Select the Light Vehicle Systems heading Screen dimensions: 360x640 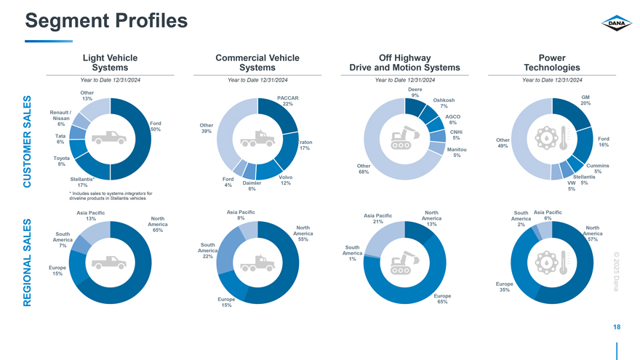pos(111,63)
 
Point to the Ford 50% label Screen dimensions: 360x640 pos(155,126)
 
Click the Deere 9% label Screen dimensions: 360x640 pos(415,92)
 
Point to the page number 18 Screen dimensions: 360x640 pos(617,328)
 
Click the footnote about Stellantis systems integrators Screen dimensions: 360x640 pos(110,196)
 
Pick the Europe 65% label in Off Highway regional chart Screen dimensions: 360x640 pos(442,299)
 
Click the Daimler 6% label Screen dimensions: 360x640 pos(252,185)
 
